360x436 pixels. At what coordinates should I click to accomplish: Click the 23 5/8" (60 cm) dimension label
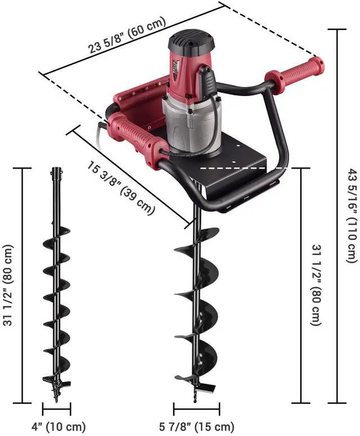click(127, 35)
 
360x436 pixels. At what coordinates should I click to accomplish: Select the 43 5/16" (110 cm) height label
click(352, 215)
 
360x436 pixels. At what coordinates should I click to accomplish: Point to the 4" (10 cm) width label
click(58, 426)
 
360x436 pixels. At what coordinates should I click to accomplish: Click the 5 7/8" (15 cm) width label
click(196, 426)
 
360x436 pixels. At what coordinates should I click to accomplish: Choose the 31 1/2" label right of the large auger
click(316, 285)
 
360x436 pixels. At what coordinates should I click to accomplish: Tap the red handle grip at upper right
click(294, 74)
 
